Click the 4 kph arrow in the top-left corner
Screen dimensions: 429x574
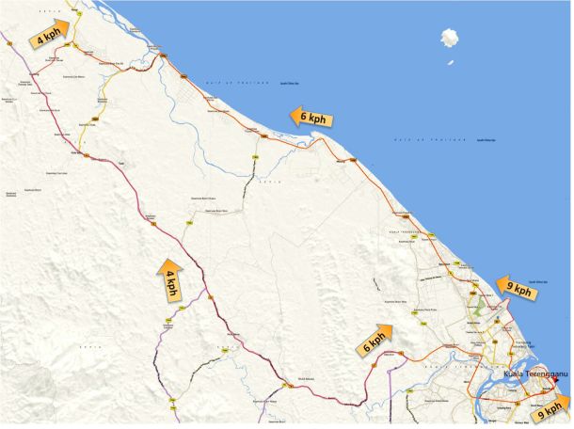click(x=49, y=35)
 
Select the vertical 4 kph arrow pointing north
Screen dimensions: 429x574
click(x=171, y=279)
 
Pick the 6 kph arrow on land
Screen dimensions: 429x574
click(x=374, y=341)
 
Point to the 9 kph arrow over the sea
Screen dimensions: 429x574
click(x=517, y=290)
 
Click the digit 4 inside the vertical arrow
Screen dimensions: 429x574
click(x=171, y=273)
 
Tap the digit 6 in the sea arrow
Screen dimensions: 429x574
click(x=304, y=117)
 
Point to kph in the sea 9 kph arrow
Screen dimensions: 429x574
click(x=523, y=293)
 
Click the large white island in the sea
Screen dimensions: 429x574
click(x=450, y=39)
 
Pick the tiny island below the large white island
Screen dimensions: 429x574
click(x=449, y=62)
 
